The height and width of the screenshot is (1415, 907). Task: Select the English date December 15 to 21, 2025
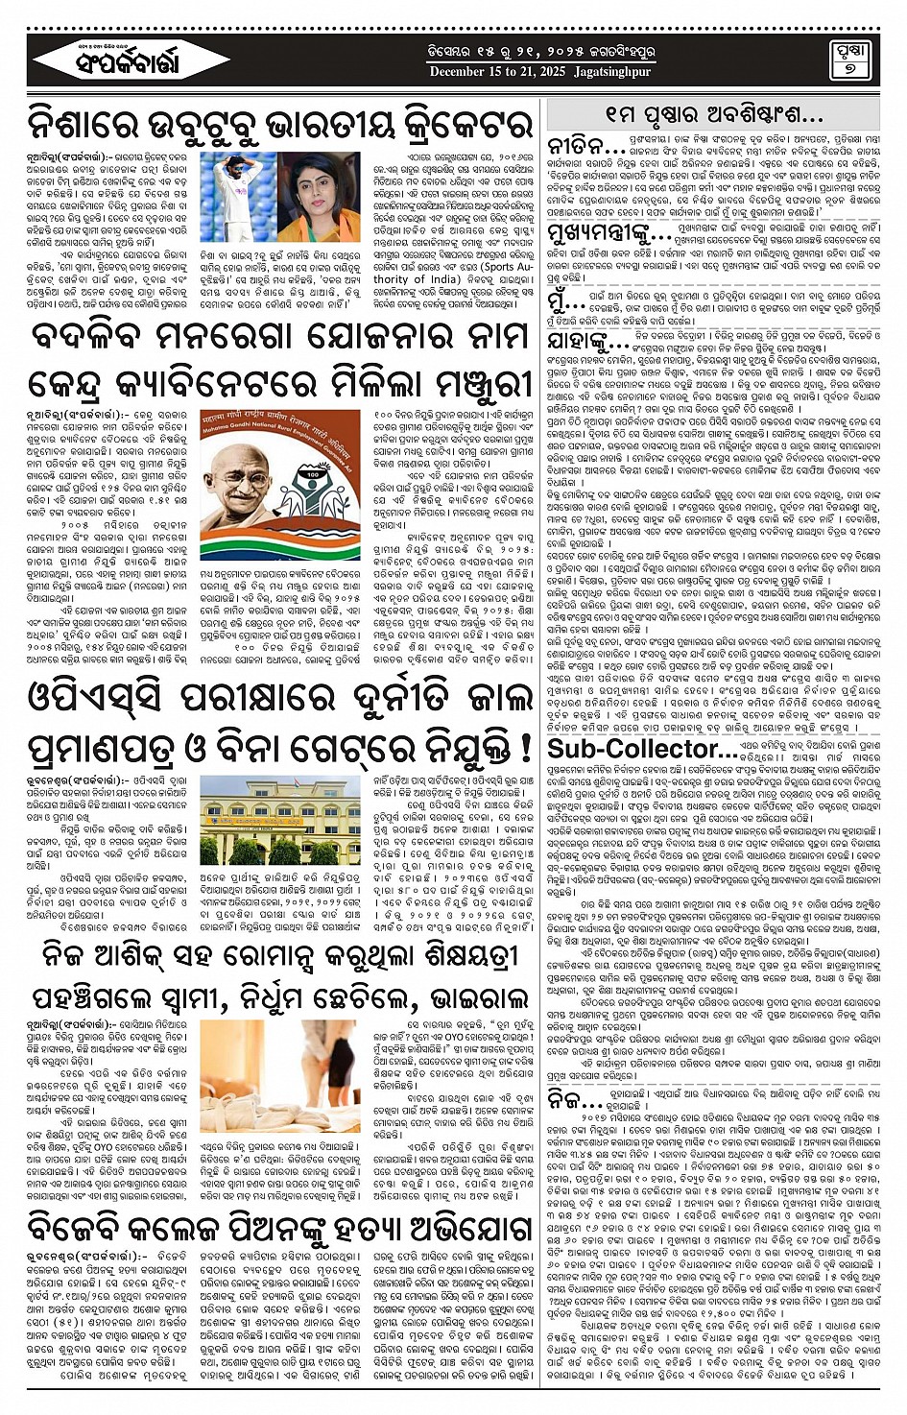click(x=497, y=72)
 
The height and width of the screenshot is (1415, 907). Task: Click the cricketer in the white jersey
click(x=244, y=192)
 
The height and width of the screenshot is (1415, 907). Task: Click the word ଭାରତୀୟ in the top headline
click(x=322, y=125)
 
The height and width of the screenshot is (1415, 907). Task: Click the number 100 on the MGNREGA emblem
click(x=313, y=473)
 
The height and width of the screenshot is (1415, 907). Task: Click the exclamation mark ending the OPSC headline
click(x=525, y=746)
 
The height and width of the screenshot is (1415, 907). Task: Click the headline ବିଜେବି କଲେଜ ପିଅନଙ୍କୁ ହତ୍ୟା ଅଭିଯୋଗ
click(x=279, y=1227)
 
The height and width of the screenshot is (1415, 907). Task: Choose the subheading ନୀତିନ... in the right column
click(x=586, y=148)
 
